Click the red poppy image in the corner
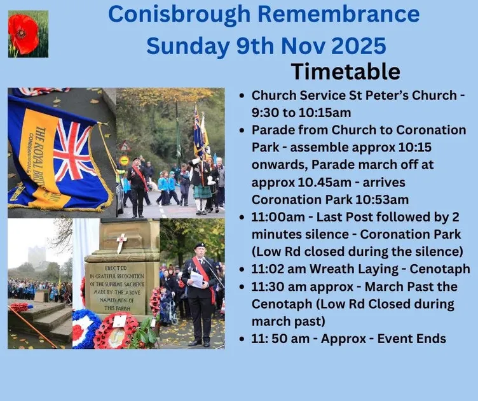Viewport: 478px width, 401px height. (27, 34)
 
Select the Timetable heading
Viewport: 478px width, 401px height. (345, 71)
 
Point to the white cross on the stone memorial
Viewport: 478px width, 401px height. (121, 242)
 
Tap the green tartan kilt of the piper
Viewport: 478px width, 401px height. (201, 190)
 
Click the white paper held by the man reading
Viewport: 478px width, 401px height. (196, 279)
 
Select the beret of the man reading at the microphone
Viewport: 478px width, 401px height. (200, 246)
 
